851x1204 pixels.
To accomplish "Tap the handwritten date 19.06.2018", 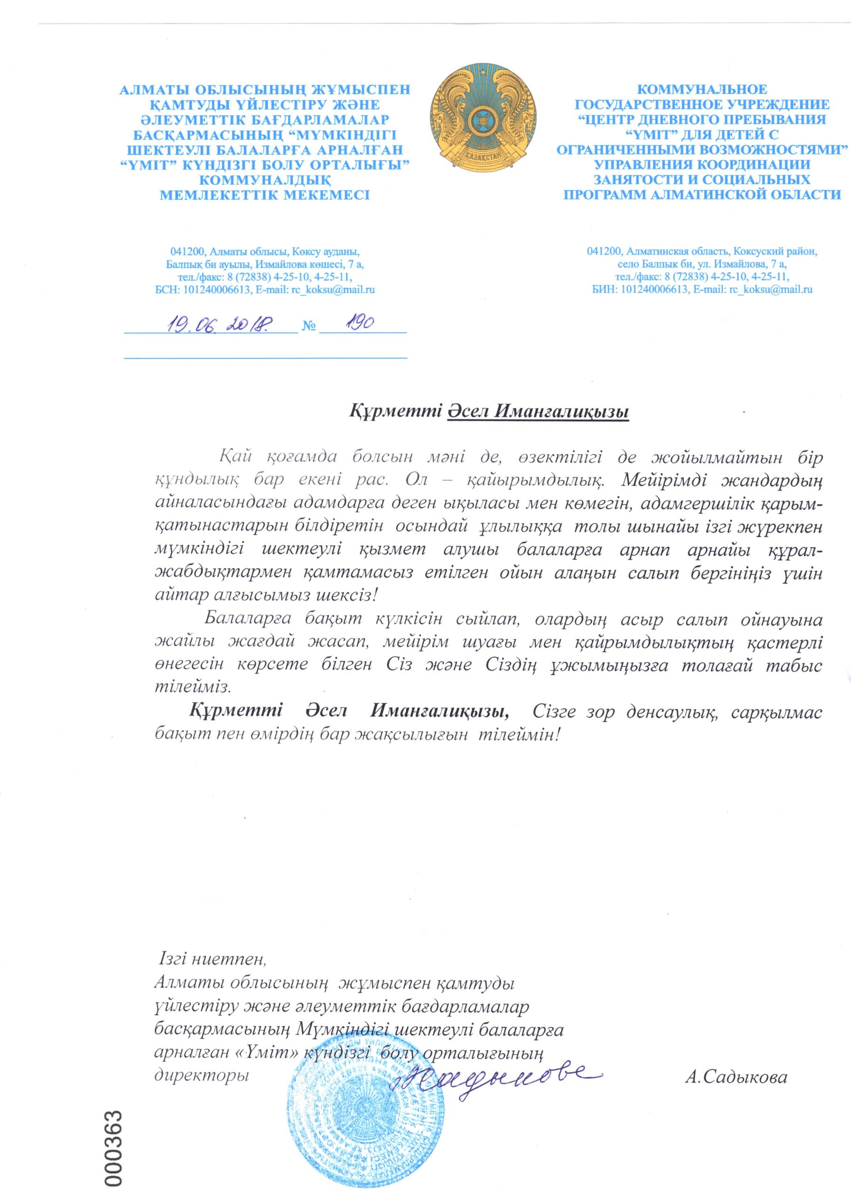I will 219,324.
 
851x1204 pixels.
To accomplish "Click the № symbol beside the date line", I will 309,327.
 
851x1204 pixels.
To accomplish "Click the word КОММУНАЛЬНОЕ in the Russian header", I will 701,90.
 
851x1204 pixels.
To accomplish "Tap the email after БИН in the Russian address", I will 771,289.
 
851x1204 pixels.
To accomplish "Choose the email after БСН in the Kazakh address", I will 333,289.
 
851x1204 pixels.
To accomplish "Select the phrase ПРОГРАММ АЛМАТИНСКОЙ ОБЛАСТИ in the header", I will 701,195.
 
